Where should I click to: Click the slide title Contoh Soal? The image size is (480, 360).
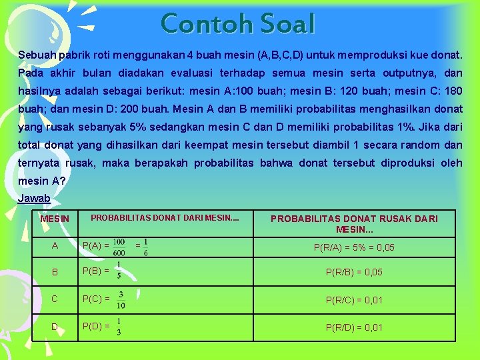click(238, 24)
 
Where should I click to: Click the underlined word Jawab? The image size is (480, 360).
click(34, 199)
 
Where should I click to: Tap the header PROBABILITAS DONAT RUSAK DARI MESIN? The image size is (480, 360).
click(355, 223)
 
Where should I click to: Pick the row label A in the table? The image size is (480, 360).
click(55, 245)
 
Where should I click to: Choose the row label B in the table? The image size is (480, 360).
click(55, 272)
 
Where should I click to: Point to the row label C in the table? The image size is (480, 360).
click(55, 299)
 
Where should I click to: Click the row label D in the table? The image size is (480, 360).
click(55, 327)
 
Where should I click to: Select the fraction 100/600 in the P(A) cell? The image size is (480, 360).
click(120, 246)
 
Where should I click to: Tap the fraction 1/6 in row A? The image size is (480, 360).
click(146, 246)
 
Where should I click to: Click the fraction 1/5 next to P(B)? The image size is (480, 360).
click(118, 271)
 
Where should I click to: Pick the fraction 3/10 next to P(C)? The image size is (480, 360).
click(121, 299)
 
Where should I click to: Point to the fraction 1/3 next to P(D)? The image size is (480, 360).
click(118, 326)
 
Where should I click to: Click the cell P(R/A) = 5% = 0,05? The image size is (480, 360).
click(354, 247)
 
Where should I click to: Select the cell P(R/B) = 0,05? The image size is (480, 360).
click(354, 272)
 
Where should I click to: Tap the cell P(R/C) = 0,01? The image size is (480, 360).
click(354, 300)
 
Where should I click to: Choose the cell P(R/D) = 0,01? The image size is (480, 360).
click(354, 327)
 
